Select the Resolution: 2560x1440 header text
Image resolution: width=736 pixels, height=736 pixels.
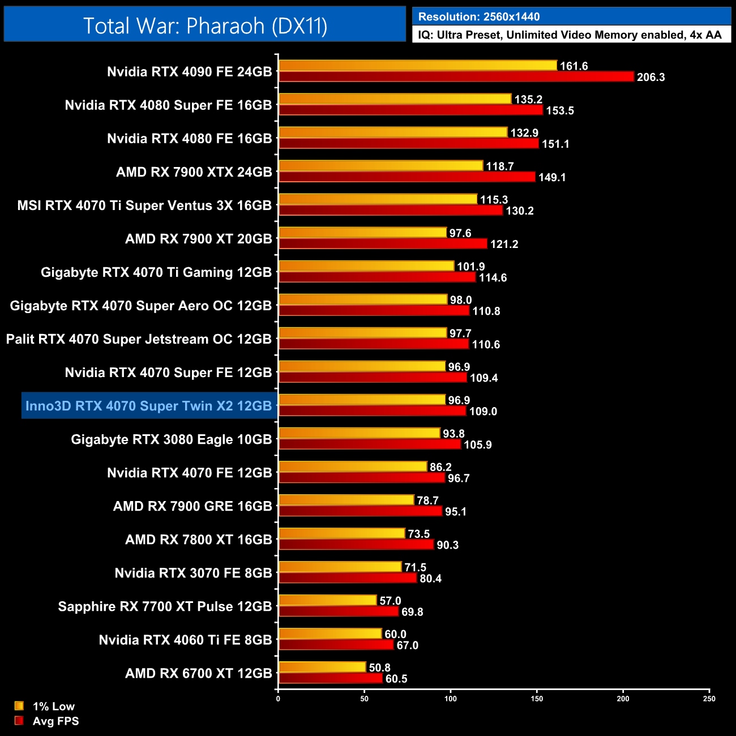click(x=478, y=17)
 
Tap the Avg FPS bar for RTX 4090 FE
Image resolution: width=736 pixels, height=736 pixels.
click(x=456, y=77)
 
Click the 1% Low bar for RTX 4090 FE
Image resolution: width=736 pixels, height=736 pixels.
click(x=417, y=66)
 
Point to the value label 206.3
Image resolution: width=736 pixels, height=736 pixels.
click(x=651, y=78)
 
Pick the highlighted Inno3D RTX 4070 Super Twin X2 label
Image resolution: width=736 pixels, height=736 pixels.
click(x=149, y=406)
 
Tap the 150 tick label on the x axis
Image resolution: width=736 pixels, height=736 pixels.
click(x=537, y=699)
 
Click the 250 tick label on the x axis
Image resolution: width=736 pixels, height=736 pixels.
click(x=709, y=699)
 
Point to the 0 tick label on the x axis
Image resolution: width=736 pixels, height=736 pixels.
click(x=278, y=699)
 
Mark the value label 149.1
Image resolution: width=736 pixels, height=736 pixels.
click(x=552, y=178)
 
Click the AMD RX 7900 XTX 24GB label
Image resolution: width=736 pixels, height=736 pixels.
click(x=194, y=172)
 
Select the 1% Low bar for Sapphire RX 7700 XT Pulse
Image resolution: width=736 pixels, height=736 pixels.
click(x=327, y=600)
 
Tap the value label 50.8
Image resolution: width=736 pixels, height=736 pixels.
click(x=379, y=668)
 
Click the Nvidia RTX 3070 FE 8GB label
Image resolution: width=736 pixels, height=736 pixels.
click(x=193, y=573)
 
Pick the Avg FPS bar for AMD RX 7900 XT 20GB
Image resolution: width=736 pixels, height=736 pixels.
click(x=383, y=244)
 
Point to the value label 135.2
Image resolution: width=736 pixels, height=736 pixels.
click(x=528, y=100)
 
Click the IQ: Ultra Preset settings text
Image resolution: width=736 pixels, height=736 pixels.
click(x=570, y=35)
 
